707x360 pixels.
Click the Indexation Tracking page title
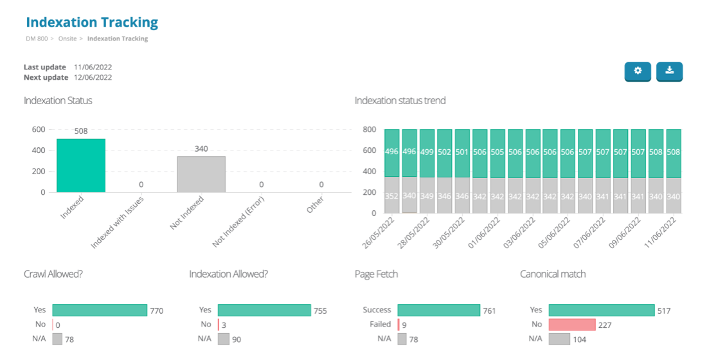[x=92, y=22]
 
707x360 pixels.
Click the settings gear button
[x=638, y=71]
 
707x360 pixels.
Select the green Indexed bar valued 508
[x=81, y=165]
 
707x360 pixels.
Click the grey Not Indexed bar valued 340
[x=201, y=174]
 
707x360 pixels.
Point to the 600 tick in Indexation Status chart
[x=39, y=129]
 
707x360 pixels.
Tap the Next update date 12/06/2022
[x=93, y=77]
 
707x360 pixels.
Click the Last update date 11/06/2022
[x=93, y=67]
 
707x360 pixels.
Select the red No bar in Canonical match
[x=571, y=325]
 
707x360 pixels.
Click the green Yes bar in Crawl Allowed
[x=100, y=310]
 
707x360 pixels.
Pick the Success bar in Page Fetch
[x=438, y=310]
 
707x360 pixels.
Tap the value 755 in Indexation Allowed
[x=320, y=311]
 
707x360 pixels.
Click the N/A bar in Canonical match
[x=559, y=339]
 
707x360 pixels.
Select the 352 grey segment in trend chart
[x=391, y=195]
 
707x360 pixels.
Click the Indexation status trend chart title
[x=400, y=100]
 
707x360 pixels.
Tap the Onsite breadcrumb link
[x=68, y=39]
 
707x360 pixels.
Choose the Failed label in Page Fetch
[x=380, y=325]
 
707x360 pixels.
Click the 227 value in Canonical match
[x=605, y=325]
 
